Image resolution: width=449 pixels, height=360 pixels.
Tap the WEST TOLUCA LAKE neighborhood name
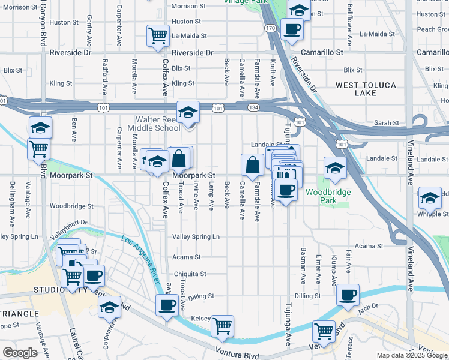coord(364,89)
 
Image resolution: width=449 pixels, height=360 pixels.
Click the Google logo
coord(19,352)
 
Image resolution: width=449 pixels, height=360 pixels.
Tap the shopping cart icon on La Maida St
coord(158,35)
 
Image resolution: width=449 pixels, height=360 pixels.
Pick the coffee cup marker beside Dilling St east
coord(348,295)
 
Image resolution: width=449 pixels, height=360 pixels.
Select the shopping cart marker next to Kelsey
coord(222,326)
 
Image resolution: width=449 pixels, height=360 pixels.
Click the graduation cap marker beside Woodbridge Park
coord(335,167)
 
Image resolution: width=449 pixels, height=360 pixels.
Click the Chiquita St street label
coord(190,274)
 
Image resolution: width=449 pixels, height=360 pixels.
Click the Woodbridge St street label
coord(71,206)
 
